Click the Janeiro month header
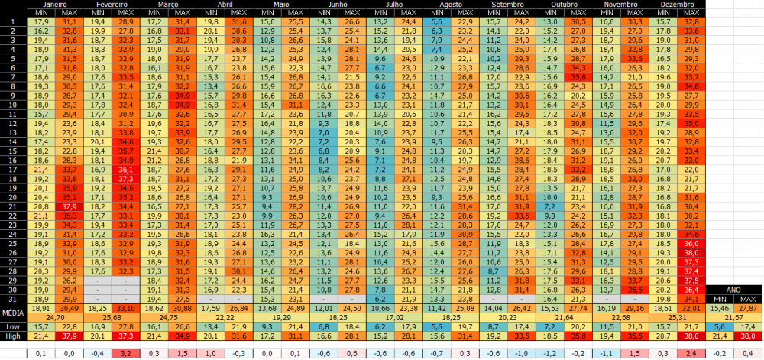click(54, 5)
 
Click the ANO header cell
click(733, 290)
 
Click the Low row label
click(12, 326)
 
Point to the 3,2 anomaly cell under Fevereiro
click(125, 353)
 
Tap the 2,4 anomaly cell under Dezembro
click(691, 353)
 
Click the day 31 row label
click(12, 298)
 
